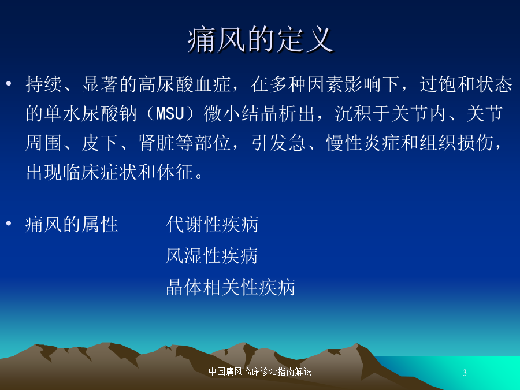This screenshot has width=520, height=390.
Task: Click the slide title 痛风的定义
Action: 261,40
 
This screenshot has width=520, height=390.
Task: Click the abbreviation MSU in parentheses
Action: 170,114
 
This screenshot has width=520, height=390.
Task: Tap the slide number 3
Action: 465,373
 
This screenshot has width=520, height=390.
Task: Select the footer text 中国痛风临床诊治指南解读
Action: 260,372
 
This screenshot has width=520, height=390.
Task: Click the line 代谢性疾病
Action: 212,224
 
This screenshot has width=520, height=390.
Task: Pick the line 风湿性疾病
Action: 212,256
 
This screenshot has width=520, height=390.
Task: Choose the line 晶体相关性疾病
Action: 231,287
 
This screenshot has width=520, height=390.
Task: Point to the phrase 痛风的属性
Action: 72,224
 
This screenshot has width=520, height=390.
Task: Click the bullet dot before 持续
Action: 9,83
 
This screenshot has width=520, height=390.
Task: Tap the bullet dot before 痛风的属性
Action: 9,224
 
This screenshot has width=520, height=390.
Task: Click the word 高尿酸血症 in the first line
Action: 184,84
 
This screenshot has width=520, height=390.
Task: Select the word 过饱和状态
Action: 466,84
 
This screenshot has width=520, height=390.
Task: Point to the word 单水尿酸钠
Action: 91,113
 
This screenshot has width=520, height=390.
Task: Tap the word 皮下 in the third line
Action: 100,143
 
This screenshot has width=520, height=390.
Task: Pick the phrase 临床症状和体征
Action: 128,172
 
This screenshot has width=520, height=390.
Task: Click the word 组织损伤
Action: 456,143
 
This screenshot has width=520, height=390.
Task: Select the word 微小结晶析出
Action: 259,113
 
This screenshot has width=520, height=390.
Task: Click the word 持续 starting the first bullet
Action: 44,84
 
